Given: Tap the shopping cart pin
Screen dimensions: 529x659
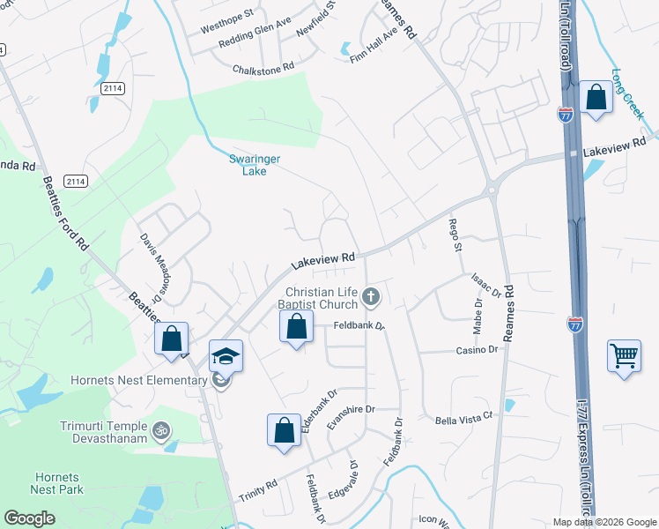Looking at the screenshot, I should (x=624, y=355).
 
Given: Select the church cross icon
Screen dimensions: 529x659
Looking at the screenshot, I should (x=371, y=296).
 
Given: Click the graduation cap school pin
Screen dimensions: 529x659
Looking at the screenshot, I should (x=226, y=356).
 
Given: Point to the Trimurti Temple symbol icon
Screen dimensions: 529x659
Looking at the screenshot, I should (x=160, y=431).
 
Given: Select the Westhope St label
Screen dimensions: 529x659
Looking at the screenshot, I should (x=226, y=15).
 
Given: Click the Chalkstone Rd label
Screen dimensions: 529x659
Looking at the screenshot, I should (x=263, y=68).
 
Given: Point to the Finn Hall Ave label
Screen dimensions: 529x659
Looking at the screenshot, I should (x=374, y=44).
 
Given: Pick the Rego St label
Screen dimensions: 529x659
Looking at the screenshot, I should (x=455, y=235).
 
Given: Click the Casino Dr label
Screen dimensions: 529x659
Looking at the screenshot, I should (x=477, y=350).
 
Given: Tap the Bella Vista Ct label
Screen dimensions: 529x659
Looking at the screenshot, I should (x=462, y=421).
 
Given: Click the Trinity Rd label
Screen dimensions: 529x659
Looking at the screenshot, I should (x=257, y=486).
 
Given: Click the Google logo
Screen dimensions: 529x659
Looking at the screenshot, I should (x=29, y=518).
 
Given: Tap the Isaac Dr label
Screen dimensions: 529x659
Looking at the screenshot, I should (x=486, y=285).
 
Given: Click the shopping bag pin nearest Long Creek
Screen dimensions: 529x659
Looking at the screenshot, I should (x=596, y=98).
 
